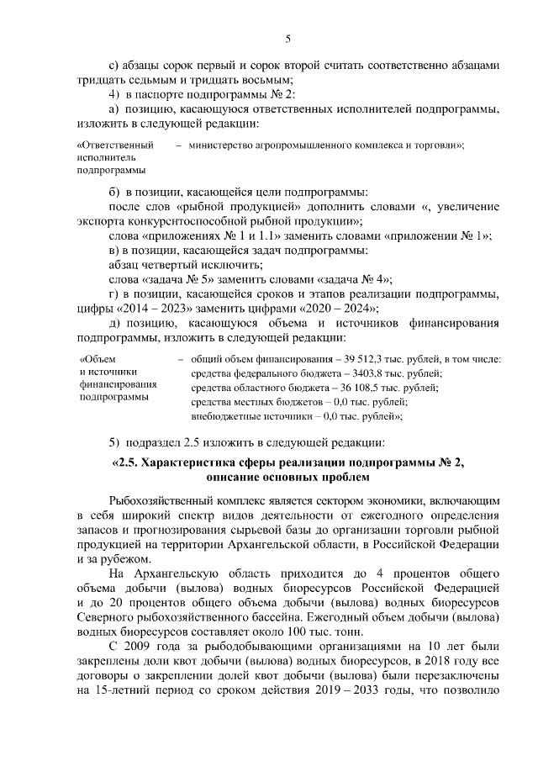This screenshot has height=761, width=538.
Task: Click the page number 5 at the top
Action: (x=287, y=39)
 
